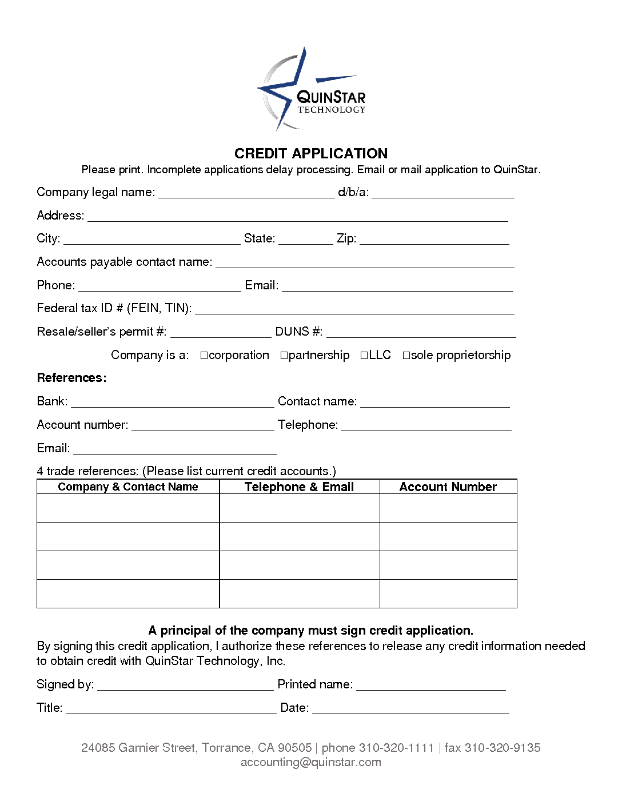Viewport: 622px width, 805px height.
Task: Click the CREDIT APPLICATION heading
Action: pos(311,153)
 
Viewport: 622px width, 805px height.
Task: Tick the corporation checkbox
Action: pos(204,356)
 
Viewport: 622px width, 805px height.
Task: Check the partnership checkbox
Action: pos(284,356)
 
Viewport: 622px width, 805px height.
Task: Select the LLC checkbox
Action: pos(364,356)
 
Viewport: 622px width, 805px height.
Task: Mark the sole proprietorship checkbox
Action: pos(406,356)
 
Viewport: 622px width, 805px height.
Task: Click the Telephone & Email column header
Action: pos(299,487)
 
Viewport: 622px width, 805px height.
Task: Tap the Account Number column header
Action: pos(448,487)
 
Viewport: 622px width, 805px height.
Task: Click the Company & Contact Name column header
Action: pos(128,487)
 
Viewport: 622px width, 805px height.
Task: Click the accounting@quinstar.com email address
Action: pos(311,762)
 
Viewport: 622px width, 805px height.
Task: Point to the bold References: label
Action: pos(71,378)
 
